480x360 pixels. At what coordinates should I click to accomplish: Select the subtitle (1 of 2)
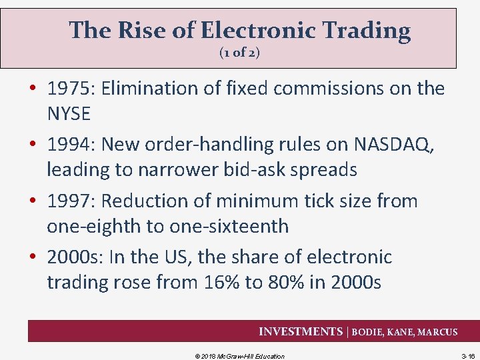239,53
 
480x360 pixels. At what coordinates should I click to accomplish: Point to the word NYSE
68,114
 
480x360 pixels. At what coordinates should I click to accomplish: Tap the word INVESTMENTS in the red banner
301,331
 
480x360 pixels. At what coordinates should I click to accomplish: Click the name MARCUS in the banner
437,332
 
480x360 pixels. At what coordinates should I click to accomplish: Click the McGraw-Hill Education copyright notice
239,356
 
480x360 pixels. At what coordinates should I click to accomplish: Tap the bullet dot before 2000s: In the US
33,257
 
